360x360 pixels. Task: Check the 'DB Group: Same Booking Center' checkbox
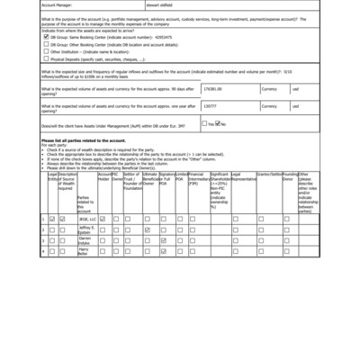(47, 37)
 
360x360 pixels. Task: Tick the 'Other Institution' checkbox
(47, 51)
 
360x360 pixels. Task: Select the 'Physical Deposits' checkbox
(47, 58)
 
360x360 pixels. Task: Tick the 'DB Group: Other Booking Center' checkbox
(47, 44)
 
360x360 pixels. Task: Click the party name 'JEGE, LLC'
(85, 219)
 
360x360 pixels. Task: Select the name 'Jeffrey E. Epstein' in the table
(85, 229)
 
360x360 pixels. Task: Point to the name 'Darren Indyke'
(85, 240)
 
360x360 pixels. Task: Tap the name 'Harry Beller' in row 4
(85, 251)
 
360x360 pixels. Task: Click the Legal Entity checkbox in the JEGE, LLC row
(52, 219)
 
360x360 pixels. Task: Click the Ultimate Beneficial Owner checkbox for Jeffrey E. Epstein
(147, 229)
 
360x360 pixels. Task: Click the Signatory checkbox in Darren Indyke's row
(163, 240)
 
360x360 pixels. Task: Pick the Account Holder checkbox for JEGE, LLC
(103, 219)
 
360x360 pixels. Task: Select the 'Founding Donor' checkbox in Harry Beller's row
(287, 251)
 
